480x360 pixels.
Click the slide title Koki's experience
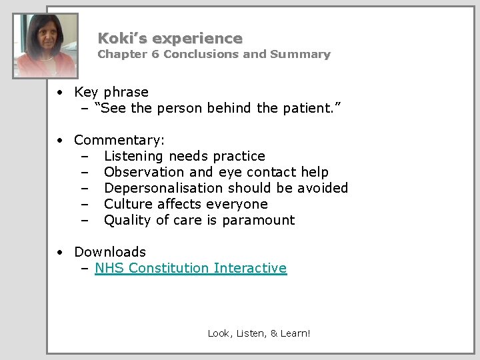coord(170,39)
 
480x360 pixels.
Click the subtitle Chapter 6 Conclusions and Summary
coord(213,55)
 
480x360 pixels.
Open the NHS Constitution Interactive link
coord(191,269)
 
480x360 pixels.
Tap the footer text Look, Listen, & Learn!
coord(259,332)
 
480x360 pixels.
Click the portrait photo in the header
coord(47,46)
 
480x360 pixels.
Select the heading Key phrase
coord(111,92)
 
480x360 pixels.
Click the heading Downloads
coord(110,252)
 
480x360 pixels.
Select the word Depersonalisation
coord(164,188)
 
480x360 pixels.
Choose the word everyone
coord(237,204)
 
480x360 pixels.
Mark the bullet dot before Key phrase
coord(60,92)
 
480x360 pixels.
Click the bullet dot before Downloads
coord(60,252)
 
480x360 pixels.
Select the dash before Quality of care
coord(85,220)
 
